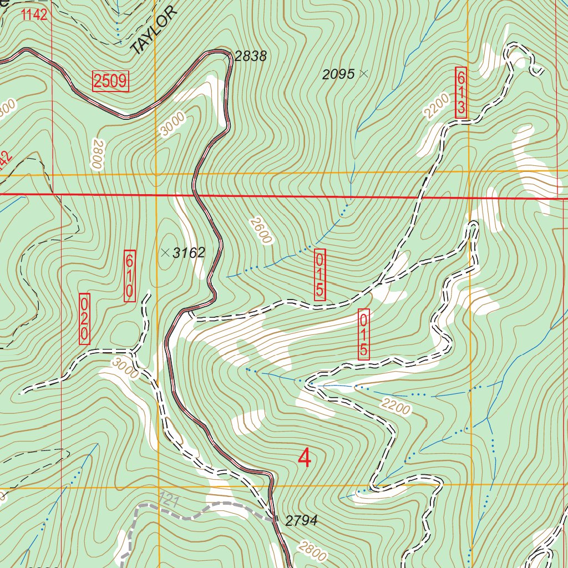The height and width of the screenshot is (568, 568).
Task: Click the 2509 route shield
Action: (x=110, y=82)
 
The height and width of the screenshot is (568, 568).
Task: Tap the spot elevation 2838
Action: (x=250, y=56)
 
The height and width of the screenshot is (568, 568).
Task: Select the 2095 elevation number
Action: (x=339, y=74)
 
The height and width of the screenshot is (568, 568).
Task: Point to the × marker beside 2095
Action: (x=364, y=73)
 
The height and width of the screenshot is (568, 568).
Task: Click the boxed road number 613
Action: (x=460, y=92)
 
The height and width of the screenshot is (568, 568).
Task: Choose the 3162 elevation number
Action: (x=189, y=253)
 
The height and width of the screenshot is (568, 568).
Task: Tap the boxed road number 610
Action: (x=129, y=276)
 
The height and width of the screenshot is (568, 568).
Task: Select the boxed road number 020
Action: (x=84, y=319)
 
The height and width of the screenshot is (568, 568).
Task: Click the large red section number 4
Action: (x=305, y=458)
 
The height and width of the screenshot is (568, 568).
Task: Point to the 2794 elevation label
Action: (x=301, y=520)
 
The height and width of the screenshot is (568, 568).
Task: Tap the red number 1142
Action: (x=34, y=15)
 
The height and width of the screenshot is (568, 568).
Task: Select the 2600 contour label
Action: (x=260, y=230)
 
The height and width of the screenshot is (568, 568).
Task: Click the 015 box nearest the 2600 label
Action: (x=320, y=275)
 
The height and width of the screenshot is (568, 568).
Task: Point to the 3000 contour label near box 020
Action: (x=124, y=368)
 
